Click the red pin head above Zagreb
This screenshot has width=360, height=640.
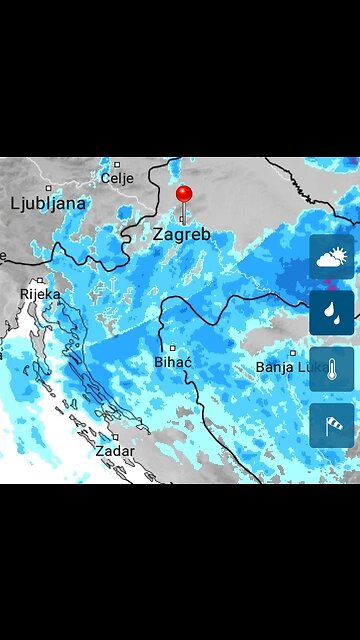[x=183, y=194]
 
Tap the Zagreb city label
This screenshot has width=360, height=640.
[x=181, y=234]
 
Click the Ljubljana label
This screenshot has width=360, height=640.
[x=48, y=203]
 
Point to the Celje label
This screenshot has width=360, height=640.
[x=117, y=178]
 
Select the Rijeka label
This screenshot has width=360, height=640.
[x=41, y=294]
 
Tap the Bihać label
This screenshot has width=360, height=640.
[x=173, y=361]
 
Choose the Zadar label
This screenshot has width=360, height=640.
[x=115, y=451]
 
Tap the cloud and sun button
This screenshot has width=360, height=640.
[x=332, y=257]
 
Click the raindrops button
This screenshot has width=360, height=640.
[x=332, y=313]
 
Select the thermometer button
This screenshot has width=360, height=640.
[x=332, y=369]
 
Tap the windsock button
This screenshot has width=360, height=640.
[x=332, y=424]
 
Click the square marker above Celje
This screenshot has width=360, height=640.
[x=117, y=164]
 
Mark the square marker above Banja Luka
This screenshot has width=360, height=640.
[x=293, y=353]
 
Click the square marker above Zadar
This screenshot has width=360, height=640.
[x=116, y=437]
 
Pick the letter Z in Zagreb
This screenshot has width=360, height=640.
[x=159, y=234]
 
